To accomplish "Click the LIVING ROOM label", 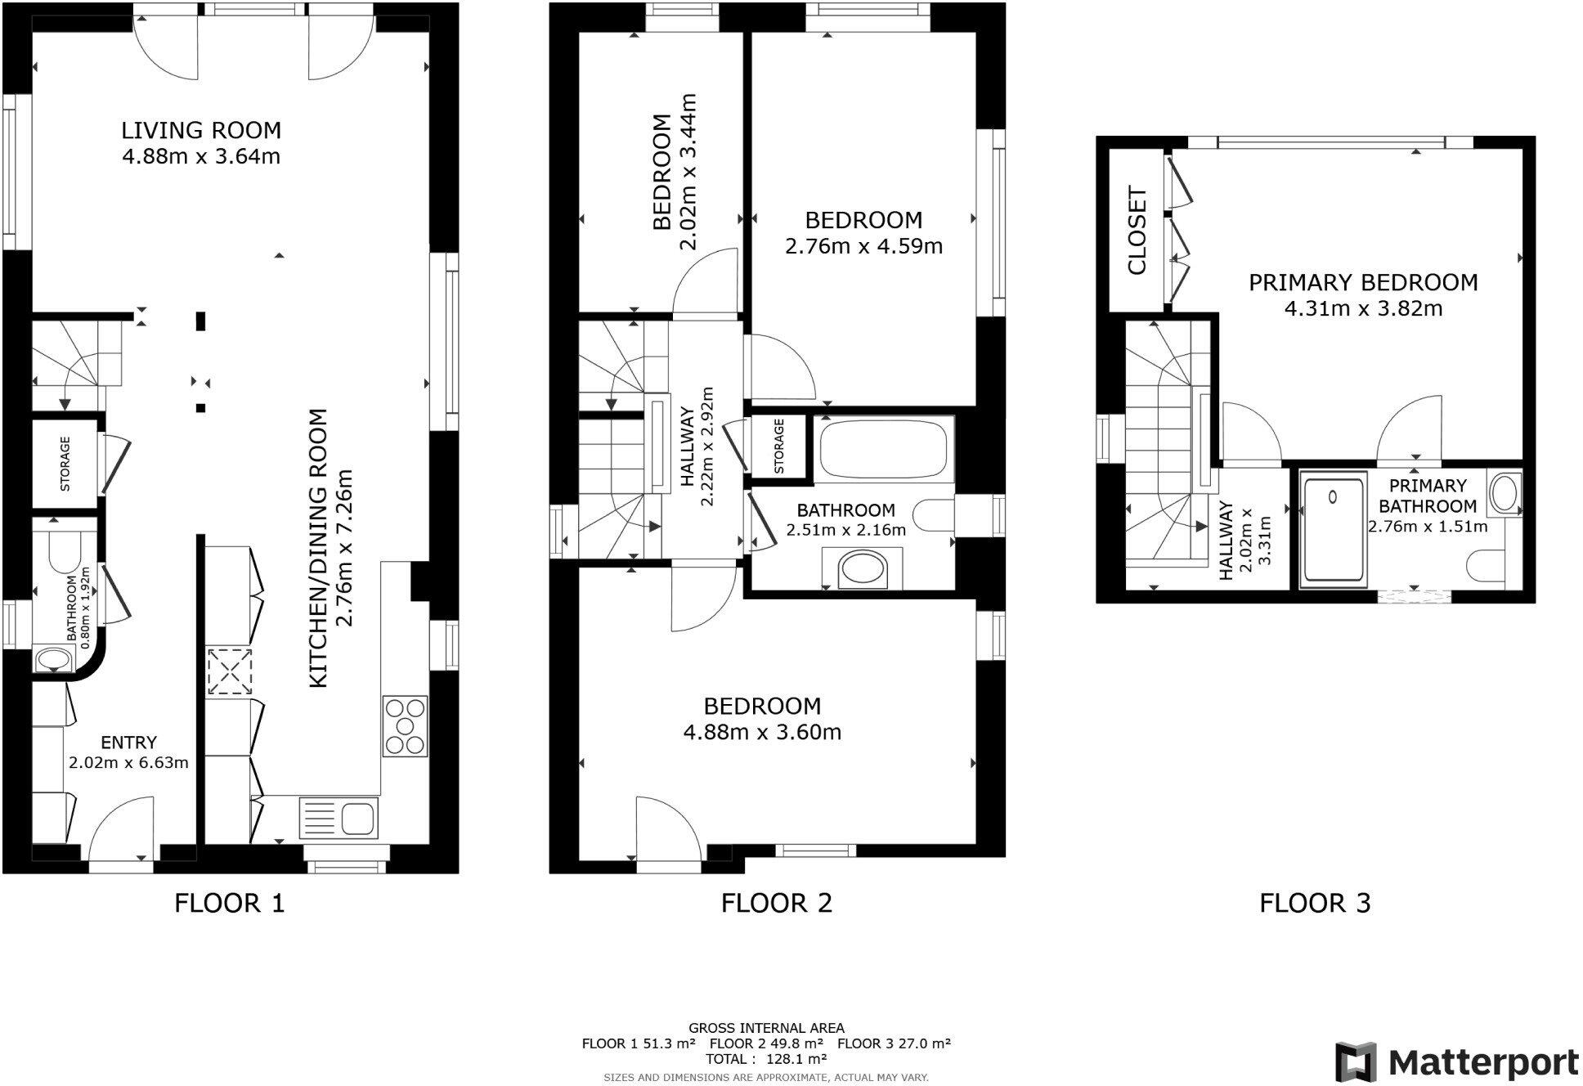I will (201, 130).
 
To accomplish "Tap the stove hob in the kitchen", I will (405, 725).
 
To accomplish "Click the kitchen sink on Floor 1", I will (339, 817).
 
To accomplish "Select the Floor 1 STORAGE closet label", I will (65, 464).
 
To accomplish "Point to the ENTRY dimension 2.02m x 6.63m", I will (129, 763).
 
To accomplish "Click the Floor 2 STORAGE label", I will (779, 446).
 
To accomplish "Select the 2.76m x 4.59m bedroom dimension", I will (863, 246).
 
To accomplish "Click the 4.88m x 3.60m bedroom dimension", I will (762, 732).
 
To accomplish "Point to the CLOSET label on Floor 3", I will (1137, 231).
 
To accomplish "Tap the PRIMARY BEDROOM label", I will (1363, 283).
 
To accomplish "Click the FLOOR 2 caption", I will (776, 903).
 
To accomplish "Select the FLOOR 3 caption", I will (1314, 903).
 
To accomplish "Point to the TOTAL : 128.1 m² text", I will (766, 1058).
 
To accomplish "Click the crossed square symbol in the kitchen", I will (229, 671).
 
